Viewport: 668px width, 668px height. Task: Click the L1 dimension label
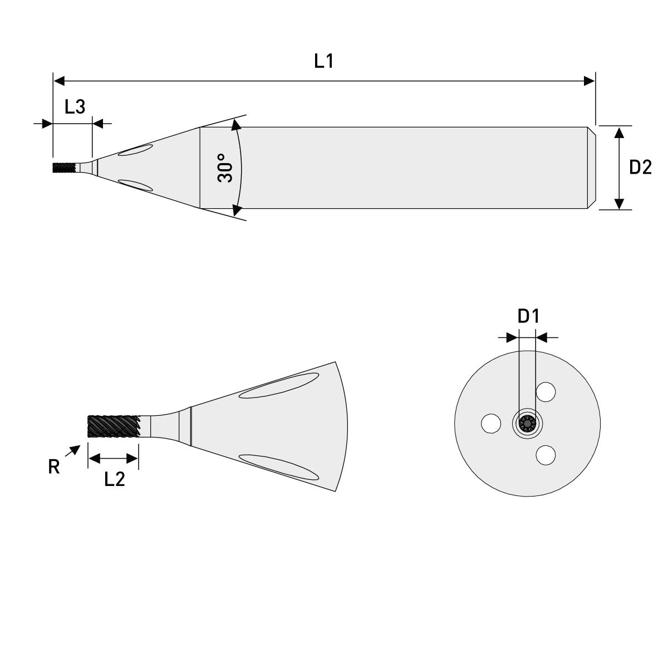click(x=323, y=61)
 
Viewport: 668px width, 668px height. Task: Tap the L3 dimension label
click(x=75, y=107)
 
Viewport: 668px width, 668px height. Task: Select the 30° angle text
click(x=224, y=168)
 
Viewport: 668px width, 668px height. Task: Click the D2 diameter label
click(x=640, y=168)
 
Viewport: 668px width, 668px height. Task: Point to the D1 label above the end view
click(x=528, y=317)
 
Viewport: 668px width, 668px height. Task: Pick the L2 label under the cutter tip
click(x=115, y=479)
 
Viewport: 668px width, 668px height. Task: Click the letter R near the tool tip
click(x=53, y=467)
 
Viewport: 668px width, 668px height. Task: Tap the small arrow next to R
click(x=72, y=451)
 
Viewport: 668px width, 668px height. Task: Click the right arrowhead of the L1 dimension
click(x=589, y=81)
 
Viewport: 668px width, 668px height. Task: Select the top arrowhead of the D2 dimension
click(x=619, y=132)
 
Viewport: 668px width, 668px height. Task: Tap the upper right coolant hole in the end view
click(x=546, y=392)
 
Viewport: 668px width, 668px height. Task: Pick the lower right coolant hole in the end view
click(x=546, y=455)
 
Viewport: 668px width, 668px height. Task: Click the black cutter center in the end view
click(x=527, y=424)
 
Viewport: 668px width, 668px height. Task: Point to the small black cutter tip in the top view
click(x=63, y=168)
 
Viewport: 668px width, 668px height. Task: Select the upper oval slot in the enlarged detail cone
click(x=278, y=386)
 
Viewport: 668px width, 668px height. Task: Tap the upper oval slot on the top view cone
click(x=136, y=150)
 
